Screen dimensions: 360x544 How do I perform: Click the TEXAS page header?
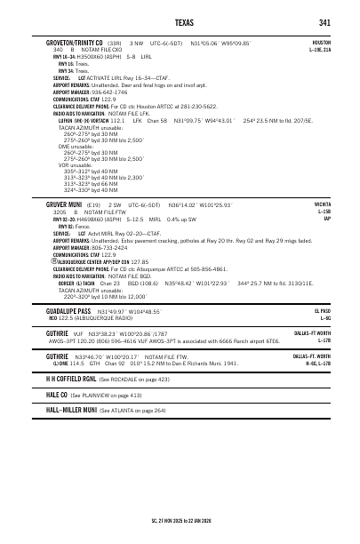[180, 21]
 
